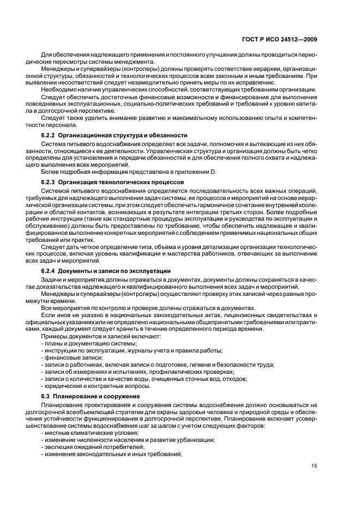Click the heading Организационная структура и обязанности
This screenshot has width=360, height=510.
pyautogui.click(x=124, y=135)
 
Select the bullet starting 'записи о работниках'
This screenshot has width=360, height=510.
pyautogui.click(x=157, y=364)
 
